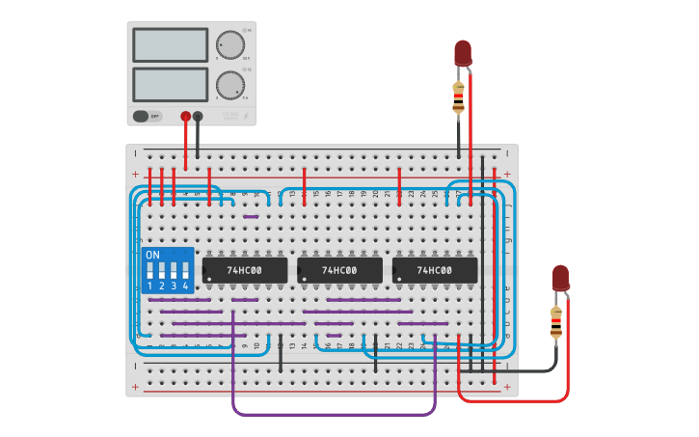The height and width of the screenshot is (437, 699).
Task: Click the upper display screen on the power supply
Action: coord(170,45)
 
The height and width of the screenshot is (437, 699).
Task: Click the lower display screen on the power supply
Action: coord(170,83)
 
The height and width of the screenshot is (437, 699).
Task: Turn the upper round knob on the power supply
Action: coord(229,44)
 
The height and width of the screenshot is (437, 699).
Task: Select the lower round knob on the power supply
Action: coord(229,84)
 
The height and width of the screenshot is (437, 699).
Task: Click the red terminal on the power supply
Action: coord(185,116)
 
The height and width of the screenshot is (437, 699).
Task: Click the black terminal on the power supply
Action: coord(198,116)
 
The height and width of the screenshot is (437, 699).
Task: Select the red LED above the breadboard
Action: coord(463,53)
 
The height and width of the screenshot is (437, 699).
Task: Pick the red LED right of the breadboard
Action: coord(560,278)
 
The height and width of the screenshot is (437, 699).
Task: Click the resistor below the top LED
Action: coord(458,96)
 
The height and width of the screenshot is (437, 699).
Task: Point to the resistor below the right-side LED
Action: coord(555,322)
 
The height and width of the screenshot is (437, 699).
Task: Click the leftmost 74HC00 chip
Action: coord(245,270)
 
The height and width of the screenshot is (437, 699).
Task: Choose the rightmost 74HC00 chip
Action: coord(435,270)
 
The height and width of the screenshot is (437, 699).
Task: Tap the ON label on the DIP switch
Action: coord(152,255)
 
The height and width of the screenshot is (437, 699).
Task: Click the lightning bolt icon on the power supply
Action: coord(245,117)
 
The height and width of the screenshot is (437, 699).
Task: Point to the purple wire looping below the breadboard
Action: coord(333,414)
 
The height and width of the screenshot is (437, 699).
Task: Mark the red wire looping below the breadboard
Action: coord(511,400)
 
